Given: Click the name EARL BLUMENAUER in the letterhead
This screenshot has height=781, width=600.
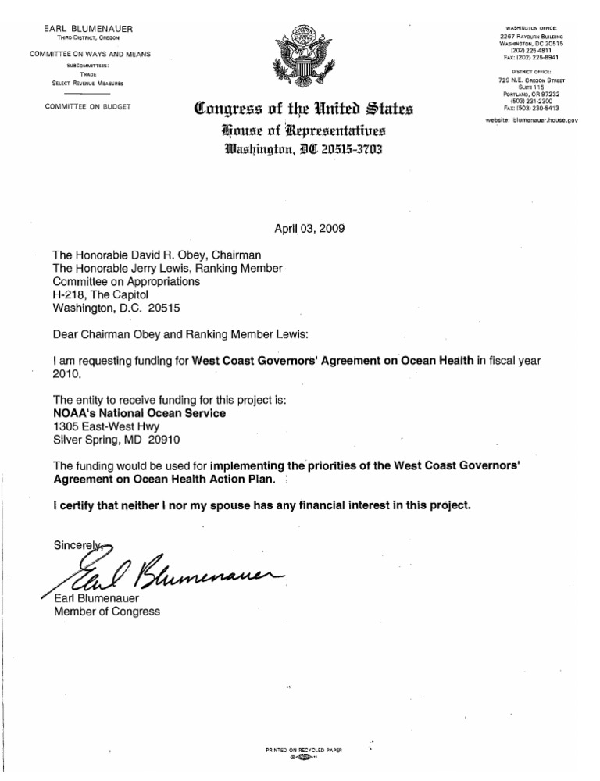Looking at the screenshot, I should coord(87,29).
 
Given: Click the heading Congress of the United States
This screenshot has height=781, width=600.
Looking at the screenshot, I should coord(298,107).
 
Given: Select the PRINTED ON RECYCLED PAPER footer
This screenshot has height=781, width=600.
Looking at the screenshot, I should coord(305,749).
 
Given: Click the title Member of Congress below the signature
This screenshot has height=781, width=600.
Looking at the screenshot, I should coord(107,612).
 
